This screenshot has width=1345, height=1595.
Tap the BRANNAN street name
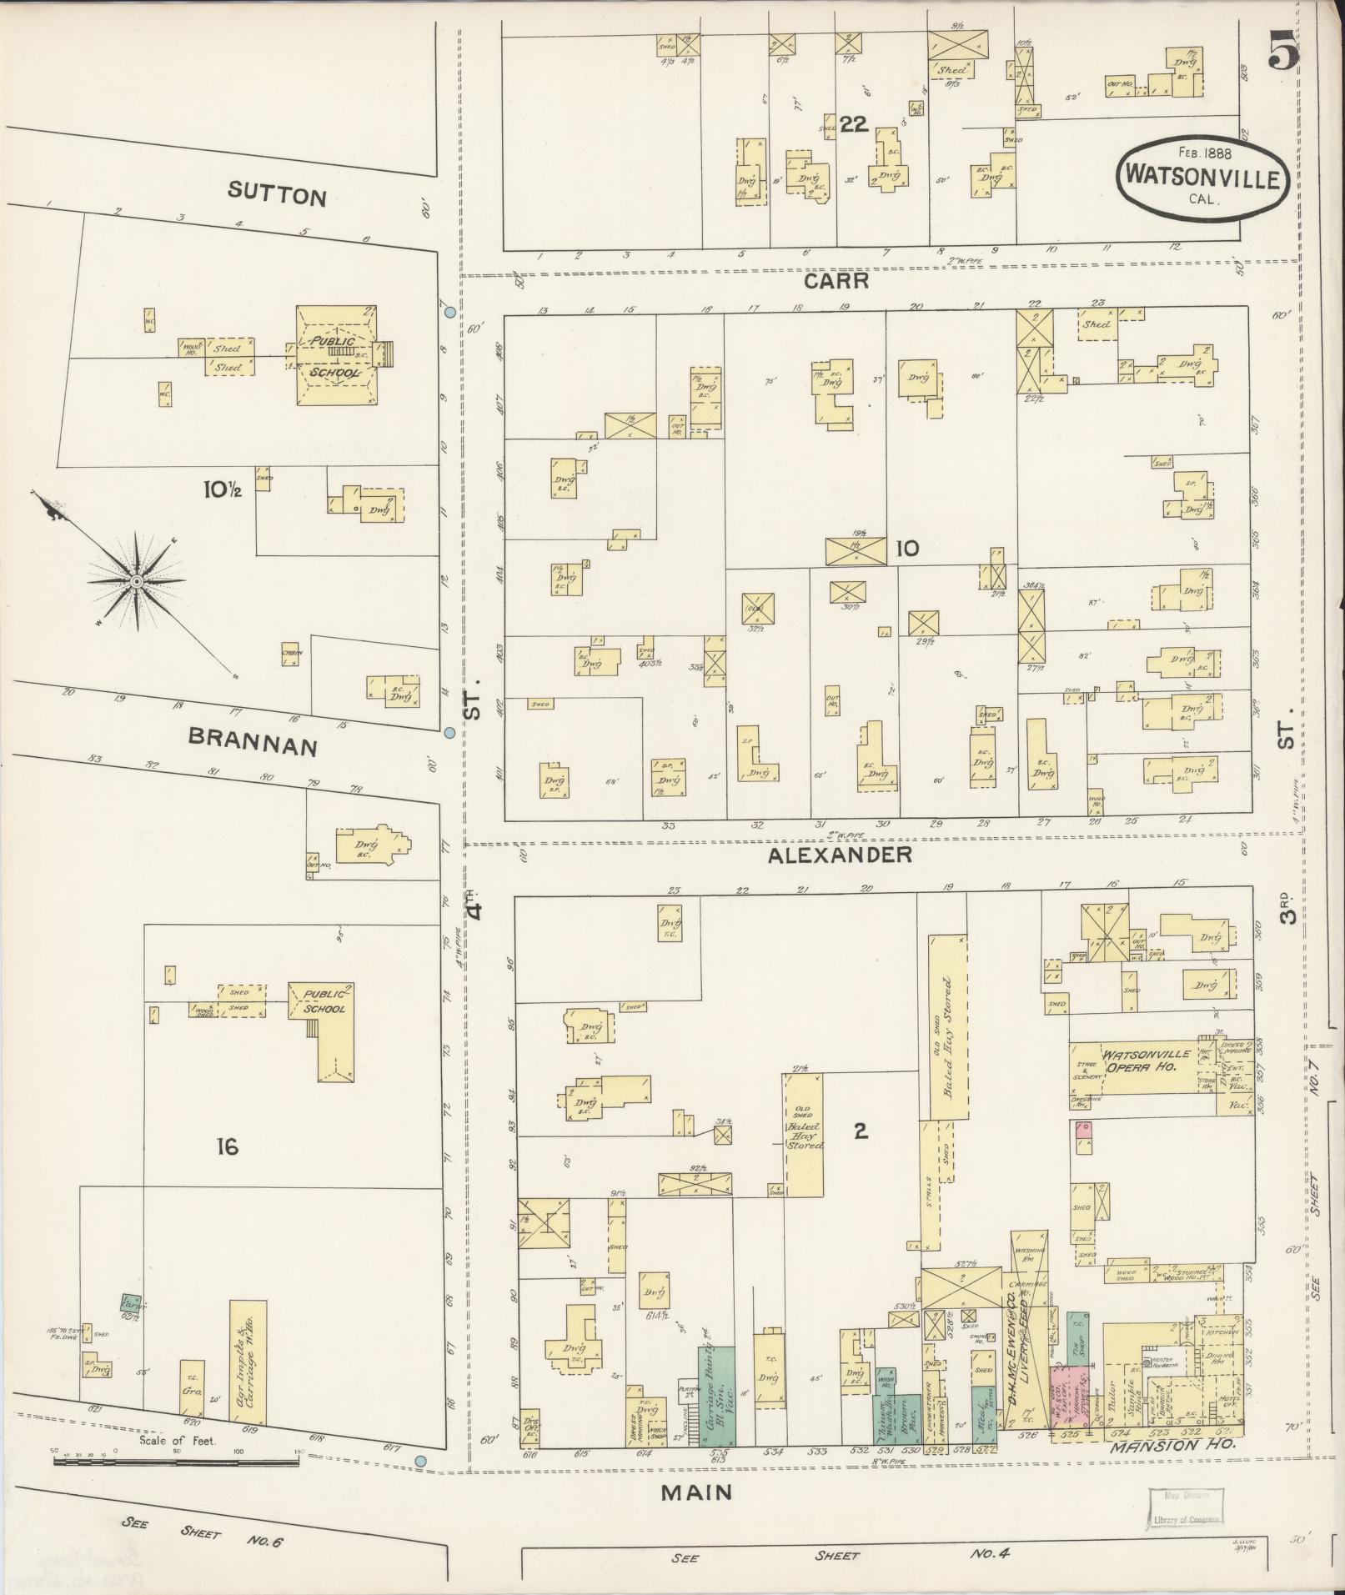pyautogui.click(x=253, y=740)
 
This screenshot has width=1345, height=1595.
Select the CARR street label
pyautogui.click(x=836, y=282)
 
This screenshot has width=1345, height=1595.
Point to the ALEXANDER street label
pyautogui.click(x=840, y=855)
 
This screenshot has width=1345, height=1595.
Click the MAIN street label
pyautogui.click(x=696, y=1492)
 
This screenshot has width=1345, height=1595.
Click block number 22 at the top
pyautogui.click(x=854, y=125)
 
